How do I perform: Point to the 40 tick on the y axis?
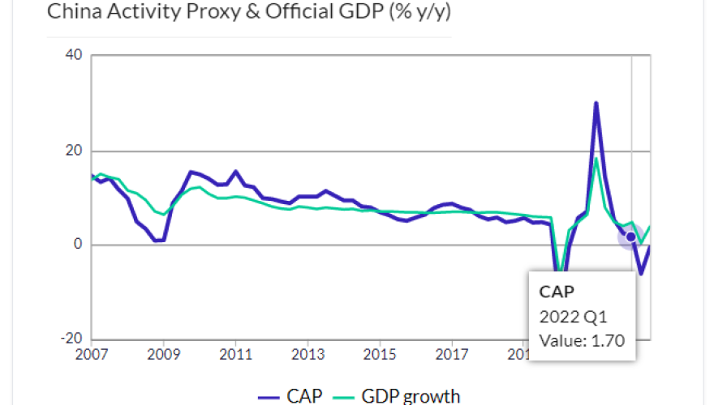click(x=74, y=56)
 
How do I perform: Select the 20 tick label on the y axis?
click(x=74, y=151)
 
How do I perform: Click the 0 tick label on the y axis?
click(x=78, y=245)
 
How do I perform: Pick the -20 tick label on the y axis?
click(x=71, y=339)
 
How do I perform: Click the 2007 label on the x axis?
click(x=92, y=355)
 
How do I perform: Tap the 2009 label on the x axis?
click(x=164, y=355)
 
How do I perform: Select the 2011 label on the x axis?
click(x=235, y=355)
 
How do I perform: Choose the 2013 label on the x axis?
click(x=307, y=355)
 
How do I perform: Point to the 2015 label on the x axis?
click(x=379, y=355)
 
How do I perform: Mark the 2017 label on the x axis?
click(x=450, y=355)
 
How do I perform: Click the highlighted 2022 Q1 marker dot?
click(x=631, y=237)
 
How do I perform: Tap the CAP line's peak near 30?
click(x=596, y=103)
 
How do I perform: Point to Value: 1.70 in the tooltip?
click(x=582, y=340)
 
